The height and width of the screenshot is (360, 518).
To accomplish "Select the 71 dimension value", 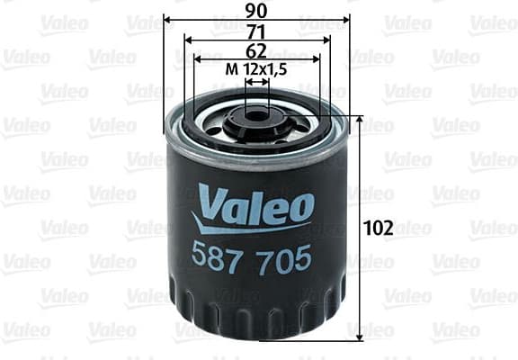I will (x=257, y=31).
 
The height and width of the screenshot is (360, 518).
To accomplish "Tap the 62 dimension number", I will (x=257, y=51).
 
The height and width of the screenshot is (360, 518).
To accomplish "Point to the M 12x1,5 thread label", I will (x=257, y=70).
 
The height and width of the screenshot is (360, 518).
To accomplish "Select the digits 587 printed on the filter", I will (x=215, y=258).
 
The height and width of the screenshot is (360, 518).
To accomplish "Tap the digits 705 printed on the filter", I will (x=285, y=258).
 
